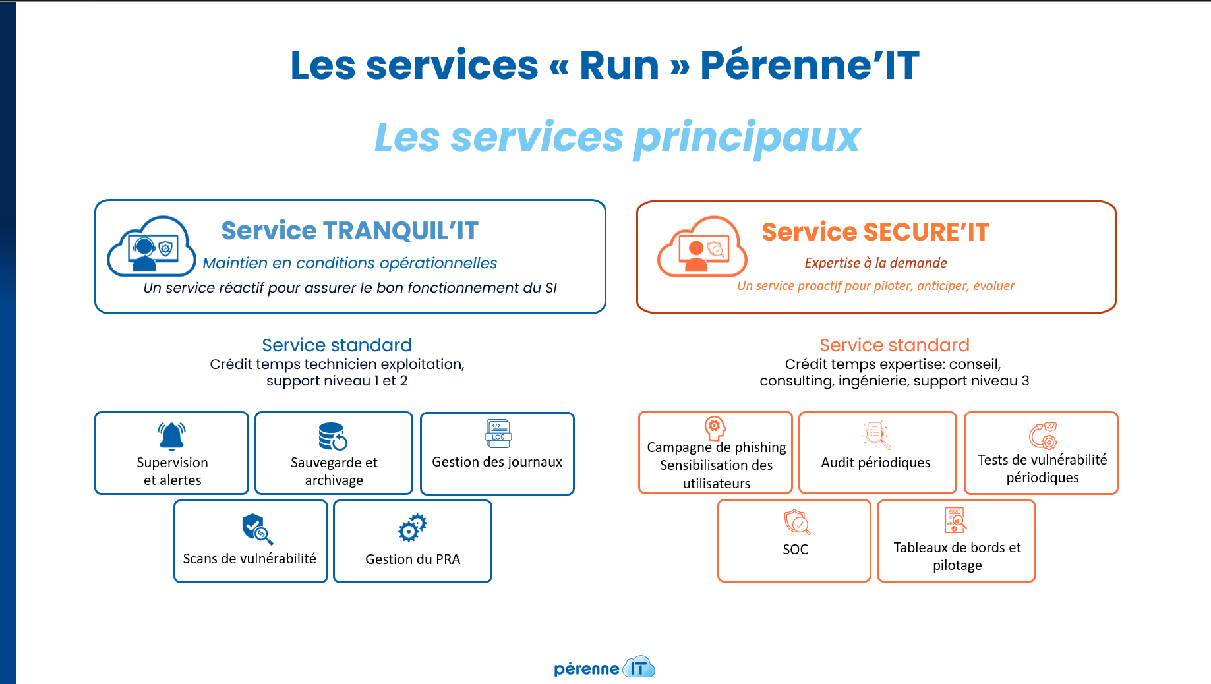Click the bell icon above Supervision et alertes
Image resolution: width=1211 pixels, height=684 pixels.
(x=172, y=436)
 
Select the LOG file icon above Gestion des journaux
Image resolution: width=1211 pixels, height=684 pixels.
(x=498, y=434)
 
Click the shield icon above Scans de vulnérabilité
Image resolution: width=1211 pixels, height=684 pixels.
(x=256, y=528)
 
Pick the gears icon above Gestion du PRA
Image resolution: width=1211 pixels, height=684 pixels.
(x=413, y=528)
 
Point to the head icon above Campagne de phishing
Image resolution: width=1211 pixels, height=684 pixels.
(x=715, y=427)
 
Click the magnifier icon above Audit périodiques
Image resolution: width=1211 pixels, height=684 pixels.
(x=876, y=435)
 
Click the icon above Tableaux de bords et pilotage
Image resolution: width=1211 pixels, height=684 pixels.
(x=956, y=520)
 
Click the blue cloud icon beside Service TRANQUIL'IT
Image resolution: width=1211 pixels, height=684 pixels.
(x=152, y=247)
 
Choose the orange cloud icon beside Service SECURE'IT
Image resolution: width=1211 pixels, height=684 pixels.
(x=703, y=248)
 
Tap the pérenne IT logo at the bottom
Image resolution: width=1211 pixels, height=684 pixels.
(x=605, y=668)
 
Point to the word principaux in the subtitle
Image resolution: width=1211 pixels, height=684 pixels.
(x=747, y=138)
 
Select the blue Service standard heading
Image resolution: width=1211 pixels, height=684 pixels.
(x=337, y=345)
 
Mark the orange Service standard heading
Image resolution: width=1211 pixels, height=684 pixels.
(x=895, y=345)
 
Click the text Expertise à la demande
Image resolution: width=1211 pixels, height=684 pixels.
(x=875, y=263)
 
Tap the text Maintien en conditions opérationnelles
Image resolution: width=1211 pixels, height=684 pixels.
(x=350, y=263)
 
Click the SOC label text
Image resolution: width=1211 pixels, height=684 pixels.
(x=795, y=550)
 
